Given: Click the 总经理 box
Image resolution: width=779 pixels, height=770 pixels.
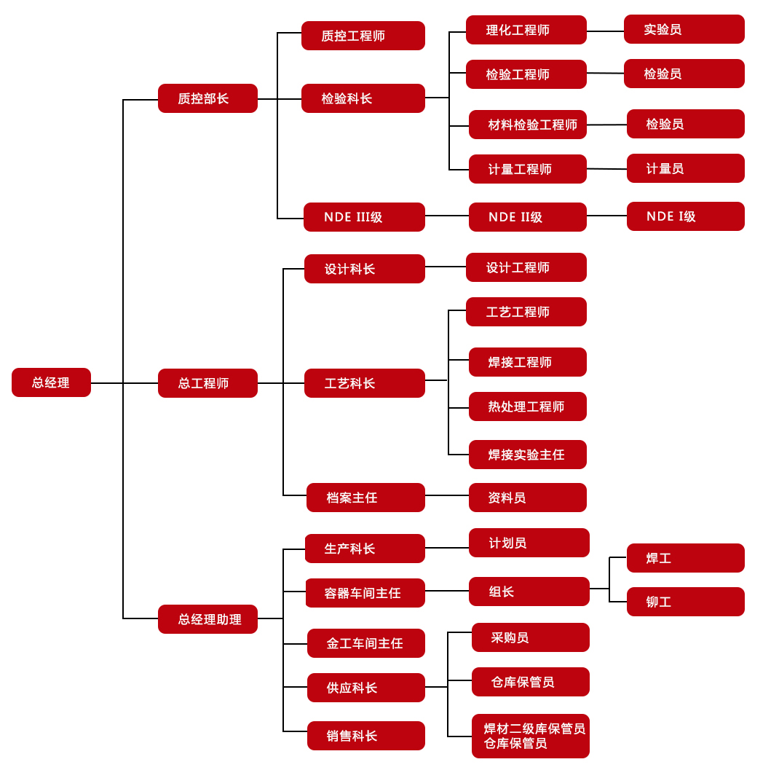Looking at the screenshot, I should [x=51, y=382].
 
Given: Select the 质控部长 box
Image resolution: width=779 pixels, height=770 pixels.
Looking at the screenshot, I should [x=207, y=98].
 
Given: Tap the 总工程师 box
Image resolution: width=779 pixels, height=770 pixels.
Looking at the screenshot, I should [x=207, y=383].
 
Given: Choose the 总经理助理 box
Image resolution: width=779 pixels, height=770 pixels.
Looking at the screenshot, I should [x=207, y=619].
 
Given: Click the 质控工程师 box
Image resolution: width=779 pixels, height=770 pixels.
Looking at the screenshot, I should [x=363, y=36].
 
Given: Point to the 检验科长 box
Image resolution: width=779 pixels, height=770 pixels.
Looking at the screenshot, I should [x=363, y=98].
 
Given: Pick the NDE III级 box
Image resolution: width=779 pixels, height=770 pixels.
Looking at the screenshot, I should [x=364, y=217].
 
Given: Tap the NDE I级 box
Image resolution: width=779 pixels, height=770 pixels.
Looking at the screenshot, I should [x=685, y=216].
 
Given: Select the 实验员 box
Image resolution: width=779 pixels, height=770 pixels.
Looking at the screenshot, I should [x=684, y=29].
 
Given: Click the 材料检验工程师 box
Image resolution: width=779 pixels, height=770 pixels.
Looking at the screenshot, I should [x=527, y=125].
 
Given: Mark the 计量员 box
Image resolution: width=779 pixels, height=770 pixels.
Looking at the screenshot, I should [x=685, y=168].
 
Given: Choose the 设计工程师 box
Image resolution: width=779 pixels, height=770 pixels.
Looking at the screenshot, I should [x=526, y=267].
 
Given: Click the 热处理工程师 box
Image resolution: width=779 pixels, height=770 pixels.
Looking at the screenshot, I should [x=527, y=406].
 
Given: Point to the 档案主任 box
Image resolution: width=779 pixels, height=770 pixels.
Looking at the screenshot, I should [x=365, y=498].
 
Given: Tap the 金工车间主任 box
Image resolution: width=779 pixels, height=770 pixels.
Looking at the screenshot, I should [x=365, y=643].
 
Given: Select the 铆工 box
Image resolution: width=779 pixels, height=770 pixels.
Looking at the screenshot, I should [x=685, y=602].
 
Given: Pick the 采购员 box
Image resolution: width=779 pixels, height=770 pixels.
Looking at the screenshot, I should [x=530, y=637].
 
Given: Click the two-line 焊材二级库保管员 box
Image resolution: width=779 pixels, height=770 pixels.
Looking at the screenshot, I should [x=530, y=736].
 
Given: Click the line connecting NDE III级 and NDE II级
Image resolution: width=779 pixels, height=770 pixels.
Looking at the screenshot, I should [x=447, y=216].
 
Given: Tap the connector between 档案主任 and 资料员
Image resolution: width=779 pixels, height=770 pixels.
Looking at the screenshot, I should [x=447, y=495].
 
